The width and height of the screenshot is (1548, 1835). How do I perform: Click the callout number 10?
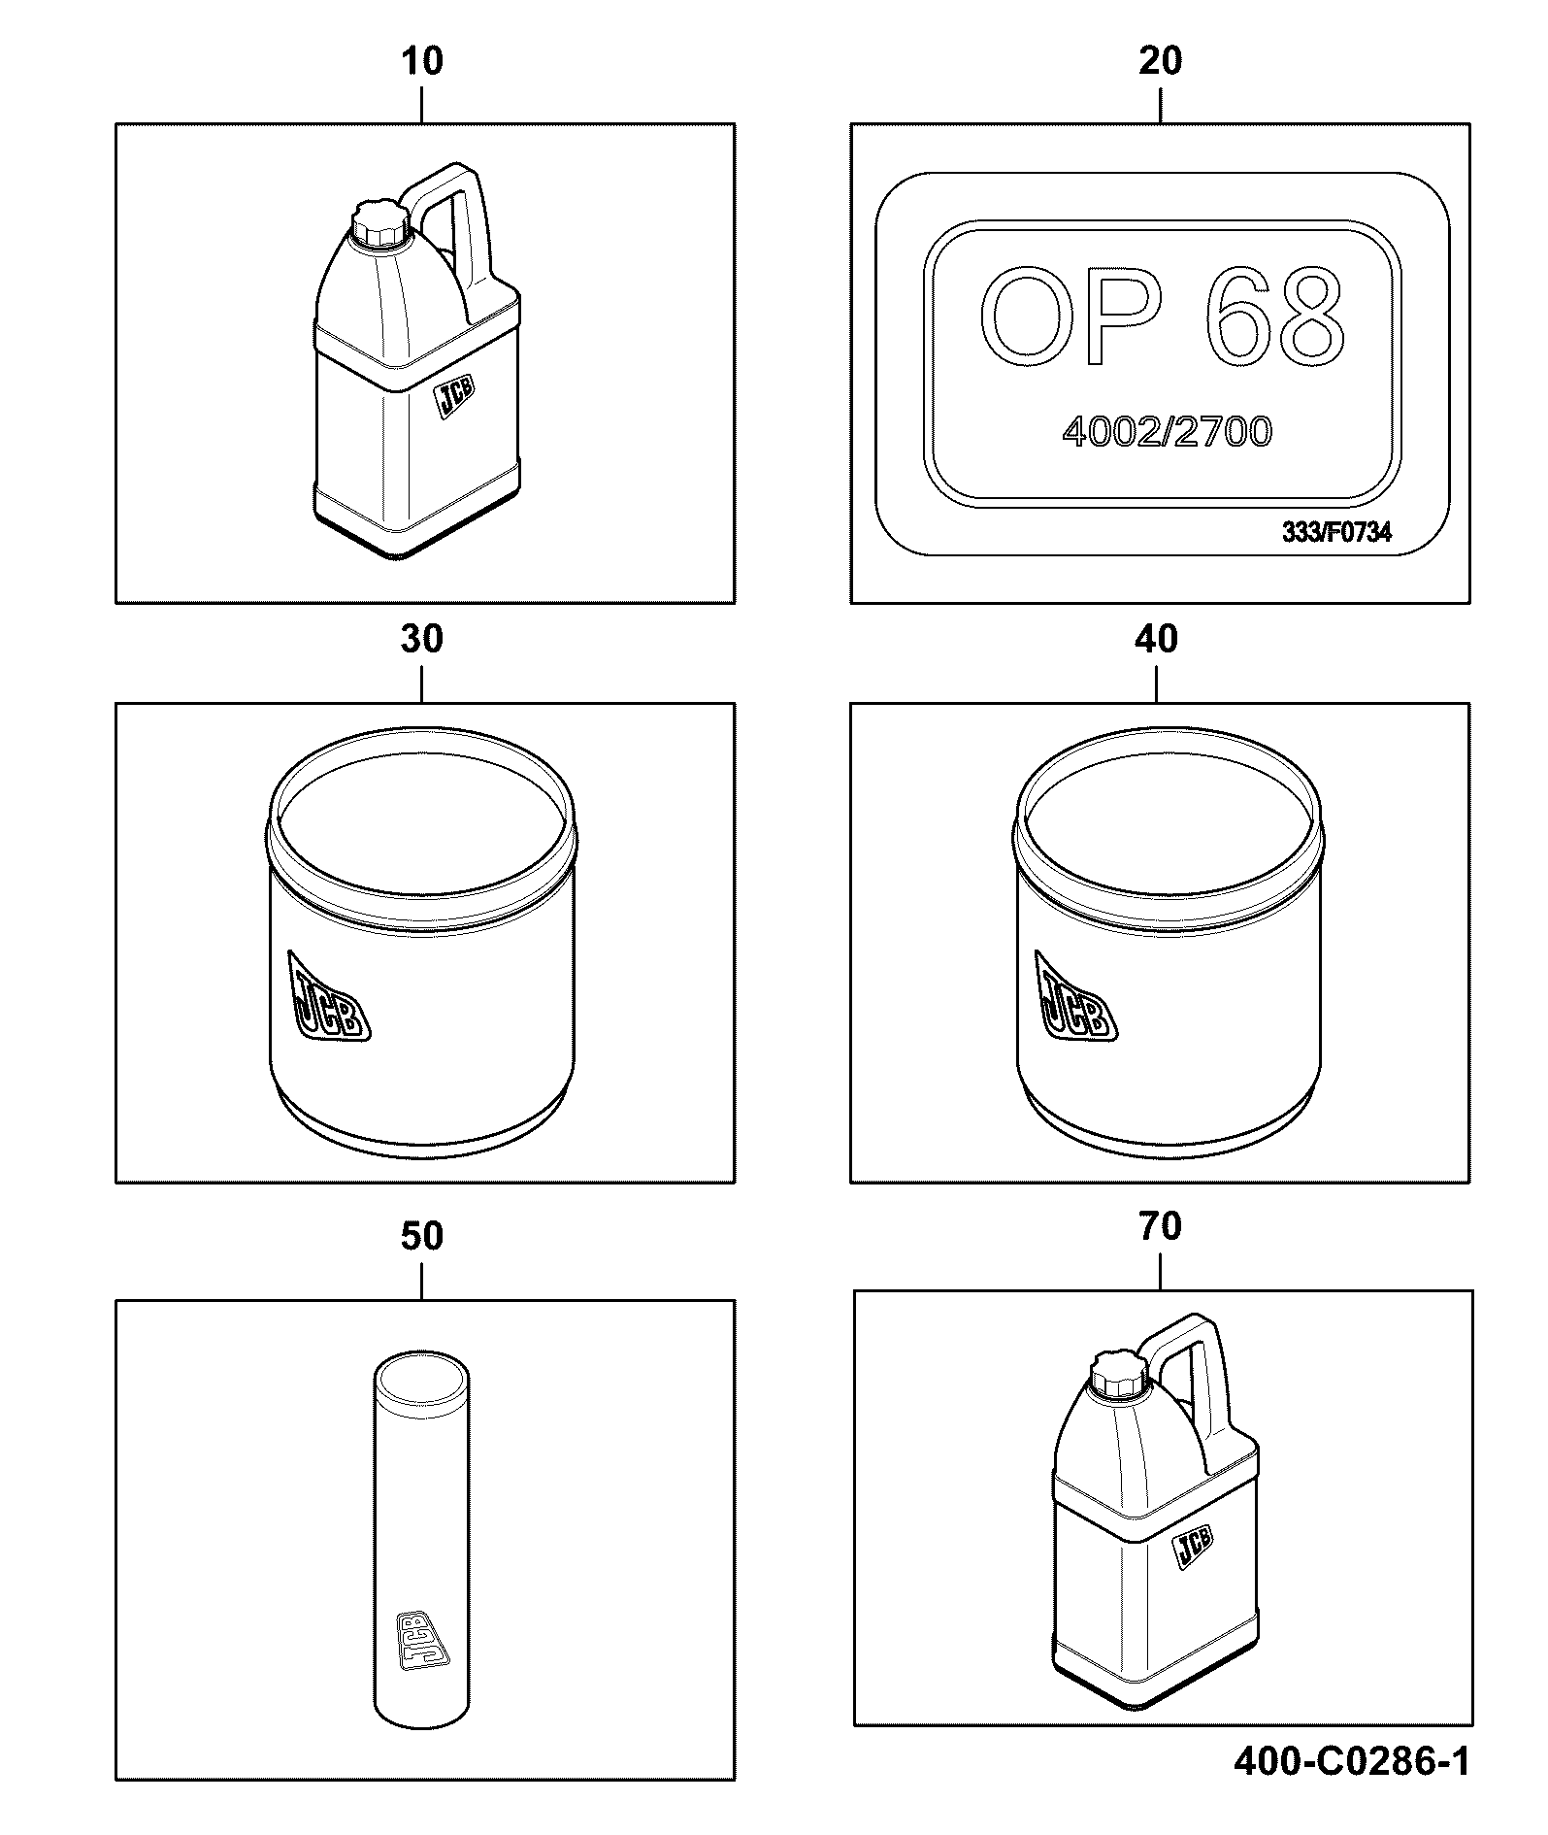(422, 61)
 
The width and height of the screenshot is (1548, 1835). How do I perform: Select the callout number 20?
(1160, 61)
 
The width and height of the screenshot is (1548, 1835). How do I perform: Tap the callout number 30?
(422, 639)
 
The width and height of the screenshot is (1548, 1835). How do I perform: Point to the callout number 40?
(1157, 639)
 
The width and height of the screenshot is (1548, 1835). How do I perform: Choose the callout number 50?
(422, 1236)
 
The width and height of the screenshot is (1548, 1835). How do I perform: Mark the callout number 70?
(1161, 1226)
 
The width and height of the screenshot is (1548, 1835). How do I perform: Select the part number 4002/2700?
(1167, 432)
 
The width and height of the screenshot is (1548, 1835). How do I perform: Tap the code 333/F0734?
(1336, 532)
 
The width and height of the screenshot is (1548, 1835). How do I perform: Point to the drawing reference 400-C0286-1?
(1352, 1761)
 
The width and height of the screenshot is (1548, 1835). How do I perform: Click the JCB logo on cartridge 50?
(423, 1641)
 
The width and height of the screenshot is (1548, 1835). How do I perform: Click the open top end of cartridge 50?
(422, 1377)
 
